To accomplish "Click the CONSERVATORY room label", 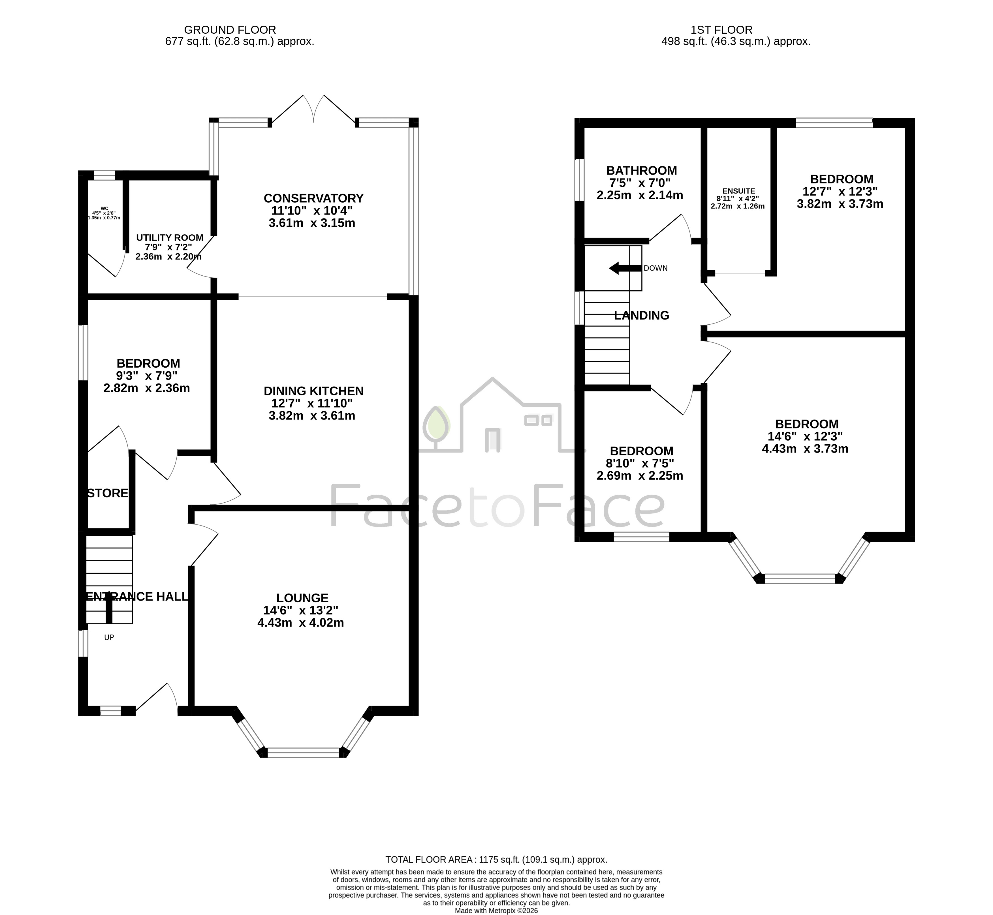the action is (313, 198).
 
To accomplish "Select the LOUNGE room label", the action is (302, 598).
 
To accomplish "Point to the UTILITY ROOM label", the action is (170, 238).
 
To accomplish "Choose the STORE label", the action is (108, 493).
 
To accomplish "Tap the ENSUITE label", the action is (738, 191).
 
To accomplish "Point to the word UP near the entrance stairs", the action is (109, 637).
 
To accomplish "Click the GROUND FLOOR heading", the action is (230, 30).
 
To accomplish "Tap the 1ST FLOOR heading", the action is (721, 30).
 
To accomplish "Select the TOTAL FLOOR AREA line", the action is (496, 860).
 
